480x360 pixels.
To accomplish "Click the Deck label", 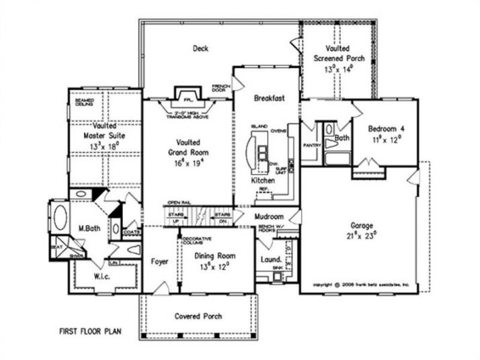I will click(200, 48).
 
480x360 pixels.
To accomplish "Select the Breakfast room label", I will click(269, 98).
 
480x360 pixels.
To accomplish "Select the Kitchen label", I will click(263, 181).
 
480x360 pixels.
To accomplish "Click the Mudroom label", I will click(270, 217).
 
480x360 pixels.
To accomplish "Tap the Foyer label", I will click(159, 261).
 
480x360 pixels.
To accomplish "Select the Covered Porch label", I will click(198, 316).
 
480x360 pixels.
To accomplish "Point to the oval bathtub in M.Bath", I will click(60, 219).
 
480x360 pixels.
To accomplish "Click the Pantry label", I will click(311, 144).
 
